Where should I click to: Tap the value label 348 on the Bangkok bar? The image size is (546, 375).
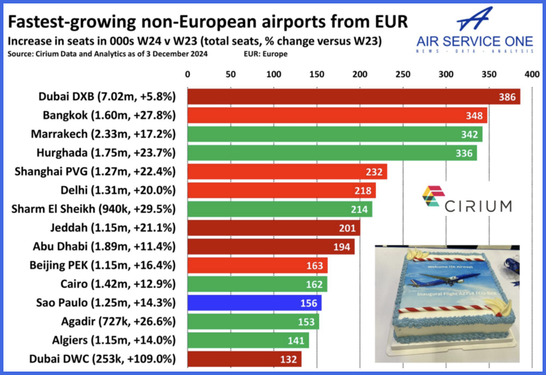(x=474, y=116)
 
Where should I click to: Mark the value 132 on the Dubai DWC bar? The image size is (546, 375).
(x=288, y=359)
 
